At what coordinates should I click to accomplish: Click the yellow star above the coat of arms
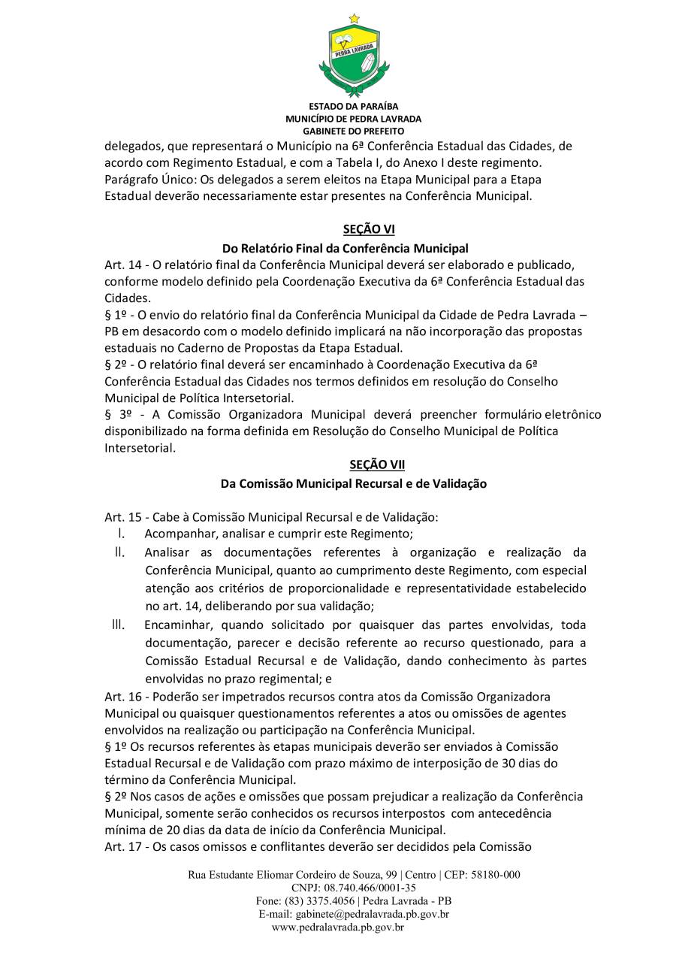(354, 18)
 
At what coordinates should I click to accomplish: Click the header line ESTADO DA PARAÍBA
(353, 106)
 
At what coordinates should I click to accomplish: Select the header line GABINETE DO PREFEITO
(353, 131)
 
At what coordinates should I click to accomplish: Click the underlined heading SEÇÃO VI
(368, 229)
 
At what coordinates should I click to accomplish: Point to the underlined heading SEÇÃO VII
(377, 465)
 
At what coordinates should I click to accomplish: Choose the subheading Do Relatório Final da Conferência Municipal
(345, 248)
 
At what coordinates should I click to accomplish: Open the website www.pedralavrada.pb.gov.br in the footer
(338, 927)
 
